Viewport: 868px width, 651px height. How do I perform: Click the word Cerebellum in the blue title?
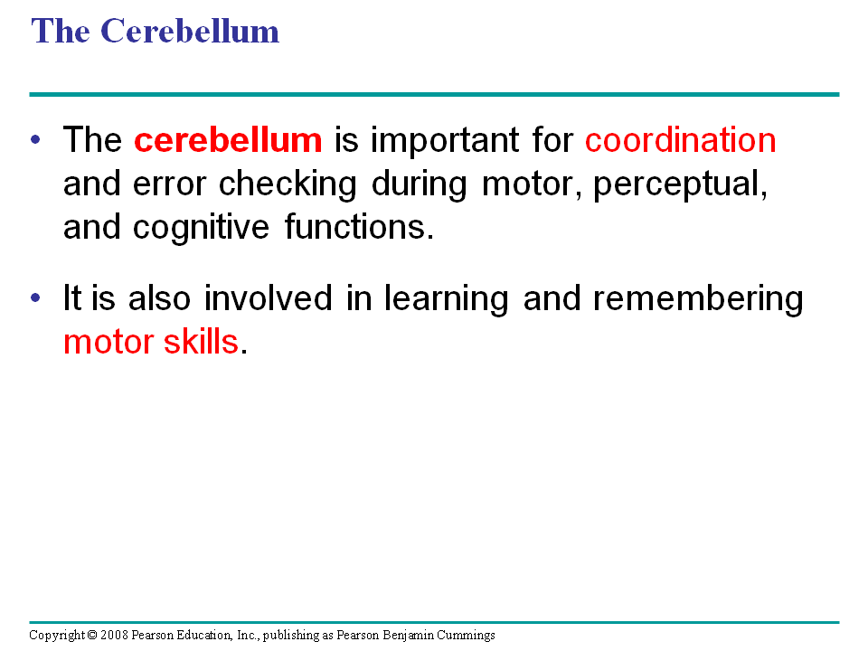(190, 31)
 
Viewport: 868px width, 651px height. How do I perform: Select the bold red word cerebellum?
(228, 139)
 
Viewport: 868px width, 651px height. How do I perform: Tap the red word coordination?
(680, 139)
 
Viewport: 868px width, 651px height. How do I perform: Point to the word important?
(445, 139)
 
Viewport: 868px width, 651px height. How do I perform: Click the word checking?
(288, 184)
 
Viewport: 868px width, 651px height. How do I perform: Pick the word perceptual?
(680, 184)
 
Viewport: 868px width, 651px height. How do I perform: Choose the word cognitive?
(201, 228)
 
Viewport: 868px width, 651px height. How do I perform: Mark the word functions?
(359, 227)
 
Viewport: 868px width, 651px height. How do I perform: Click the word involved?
(268, 297)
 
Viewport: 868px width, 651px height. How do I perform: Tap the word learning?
(446, 299)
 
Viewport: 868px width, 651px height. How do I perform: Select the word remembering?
(697, 299)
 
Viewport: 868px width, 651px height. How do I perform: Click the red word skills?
(201, 341)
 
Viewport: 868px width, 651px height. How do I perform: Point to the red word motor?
(108, 343)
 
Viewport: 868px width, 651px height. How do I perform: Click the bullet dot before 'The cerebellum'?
(35, 139)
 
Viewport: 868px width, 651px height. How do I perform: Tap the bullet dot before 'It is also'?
(35, 297)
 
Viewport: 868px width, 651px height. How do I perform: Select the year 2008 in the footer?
(114, 635)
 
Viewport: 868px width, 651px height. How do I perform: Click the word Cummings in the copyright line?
(466, 636)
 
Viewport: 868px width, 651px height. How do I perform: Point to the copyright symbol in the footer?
(92, 635)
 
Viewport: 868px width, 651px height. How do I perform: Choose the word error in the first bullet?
(169, 184)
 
